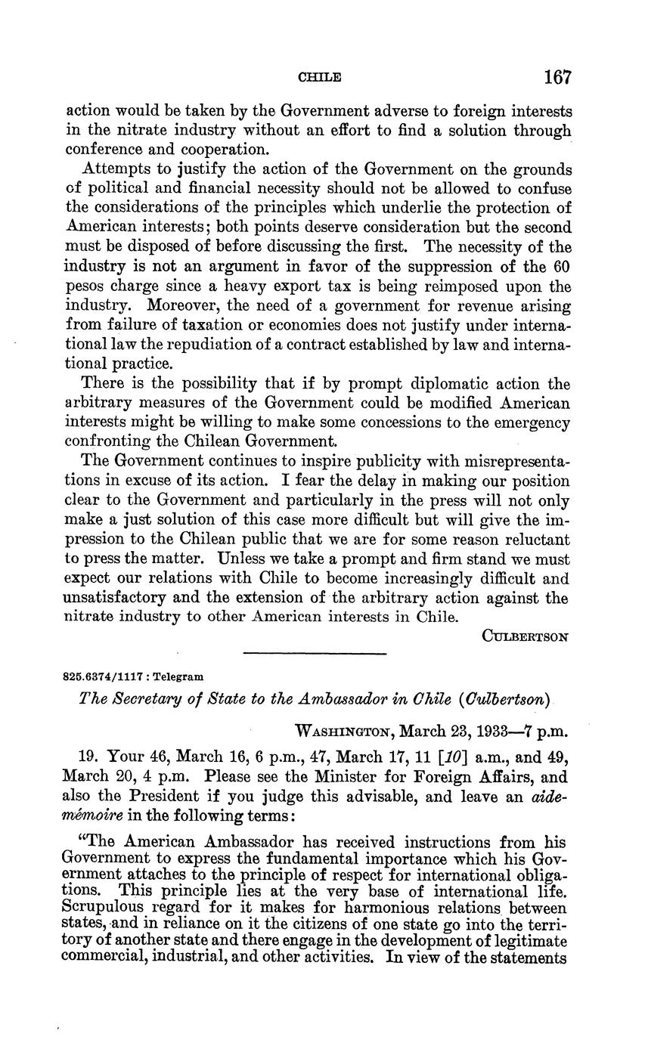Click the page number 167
(x=557, y=77)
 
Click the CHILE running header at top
(x=320, y=78)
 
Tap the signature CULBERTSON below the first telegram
(x=526, y=636)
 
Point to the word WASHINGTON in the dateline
(x=341, y=732)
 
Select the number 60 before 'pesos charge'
(x=561, y=267)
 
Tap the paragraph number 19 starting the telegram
(x=89, y=757)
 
